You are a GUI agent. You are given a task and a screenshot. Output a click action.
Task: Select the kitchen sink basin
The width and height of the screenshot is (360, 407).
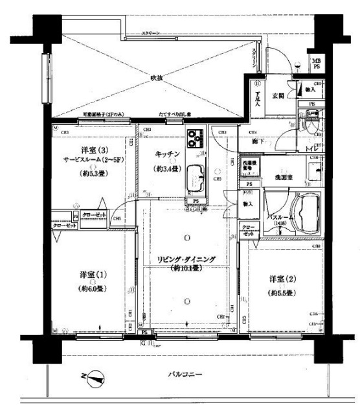pyautogui.click(x=195, y=177)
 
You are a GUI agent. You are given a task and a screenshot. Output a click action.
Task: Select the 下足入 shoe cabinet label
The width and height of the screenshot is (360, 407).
pyautogui.click(x=257, y=97)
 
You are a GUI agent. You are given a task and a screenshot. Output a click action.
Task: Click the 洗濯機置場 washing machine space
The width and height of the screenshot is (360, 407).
pyautogui.click(x=251, y=166)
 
